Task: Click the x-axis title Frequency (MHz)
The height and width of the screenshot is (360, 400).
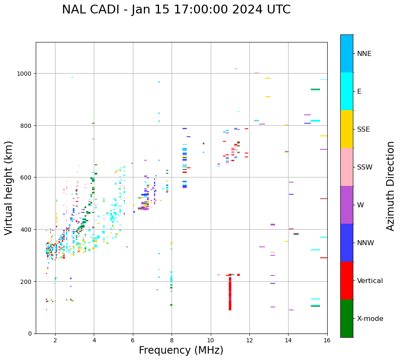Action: point(181,350)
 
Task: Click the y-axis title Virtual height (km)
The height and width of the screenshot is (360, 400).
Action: point(9,188)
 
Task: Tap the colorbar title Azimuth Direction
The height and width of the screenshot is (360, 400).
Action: point(391,185)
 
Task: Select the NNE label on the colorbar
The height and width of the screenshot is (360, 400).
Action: point(364,53)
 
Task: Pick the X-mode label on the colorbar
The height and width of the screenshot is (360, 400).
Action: point(370,319)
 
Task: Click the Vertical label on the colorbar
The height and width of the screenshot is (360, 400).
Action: point(370,281)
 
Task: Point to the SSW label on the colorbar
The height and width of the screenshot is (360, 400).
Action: point(365,167)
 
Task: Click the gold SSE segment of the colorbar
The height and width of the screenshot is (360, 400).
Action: point(347,129)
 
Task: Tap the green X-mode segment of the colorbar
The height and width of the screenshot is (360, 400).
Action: point(347,318)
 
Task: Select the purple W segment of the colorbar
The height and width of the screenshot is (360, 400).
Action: point(347,205)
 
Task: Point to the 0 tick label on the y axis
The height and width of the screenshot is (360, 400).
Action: point(30,334)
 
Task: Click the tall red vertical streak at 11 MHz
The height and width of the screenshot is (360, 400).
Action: point(230,294)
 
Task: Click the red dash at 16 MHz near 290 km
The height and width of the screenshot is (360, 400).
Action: point(323,258)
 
